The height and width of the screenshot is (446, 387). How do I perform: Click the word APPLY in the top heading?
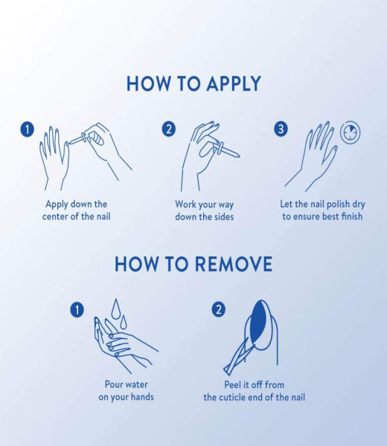click(234, 83)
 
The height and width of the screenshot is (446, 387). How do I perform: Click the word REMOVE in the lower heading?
click(234, 264)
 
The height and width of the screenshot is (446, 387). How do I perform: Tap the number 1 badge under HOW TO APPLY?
click(27, 129)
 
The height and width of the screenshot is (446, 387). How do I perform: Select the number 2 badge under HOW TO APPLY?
click(169, 129)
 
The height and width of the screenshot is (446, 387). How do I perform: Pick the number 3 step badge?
click(281, 129)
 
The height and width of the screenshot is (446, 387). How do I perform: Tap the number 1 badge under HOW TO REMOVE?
click(77, 309)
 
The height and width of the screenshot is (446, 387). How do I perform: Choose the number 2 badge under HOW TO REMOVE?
click(218, 309)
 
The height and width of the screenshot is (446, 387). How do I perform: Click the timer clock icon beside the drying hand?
click(351, 132)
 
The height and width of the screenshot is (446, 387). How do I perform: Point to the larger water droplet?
click(115, 309)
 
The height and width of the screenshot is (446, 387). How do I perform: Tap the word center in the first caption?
click(56, 216)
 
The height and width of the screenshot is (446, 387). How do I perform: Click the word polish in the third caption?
click(338, 204)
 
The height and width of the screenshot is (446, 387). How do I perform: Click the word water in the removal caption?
click(136, 385)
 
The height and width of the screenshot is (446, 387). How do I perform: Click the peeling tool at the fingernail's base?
click(237, 355)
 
